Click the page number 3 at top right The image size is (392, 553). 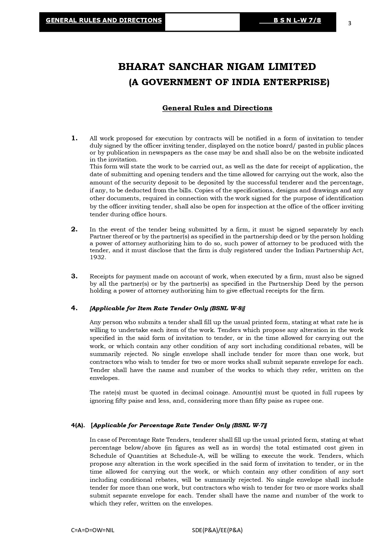pos(349,23)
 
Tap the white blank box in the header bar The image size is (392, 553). pos(202,22)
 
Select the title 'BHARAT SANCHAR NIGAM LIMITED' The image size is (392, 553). pos(217,67)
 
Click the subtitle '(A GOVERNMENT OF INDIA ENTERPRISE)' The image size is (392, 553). pos(229,82)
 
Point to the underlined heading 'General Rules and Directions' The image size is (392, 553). pos(217,108)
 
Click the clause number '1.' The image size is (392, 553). pos(75,138)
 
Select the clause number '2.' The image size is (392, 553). pos(74,229)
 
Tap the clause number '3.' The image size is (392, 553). pos(74,276)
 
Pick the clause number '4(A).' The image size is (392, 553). pos(78,425)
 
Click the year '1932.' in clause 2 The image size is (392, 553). pos(98,257)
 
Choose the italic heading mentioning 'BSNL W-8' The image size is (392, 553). pos(167,308)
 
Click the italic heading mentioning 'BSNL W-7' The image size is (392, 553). pos(179,425)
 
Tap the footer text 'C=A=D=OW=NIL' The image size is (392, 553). pos(93,530)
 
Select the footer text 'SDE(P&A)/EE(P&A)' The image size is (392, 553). pos(217,530)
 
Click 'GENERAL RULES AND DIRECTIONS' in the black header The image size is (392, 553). pos(104,20)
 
